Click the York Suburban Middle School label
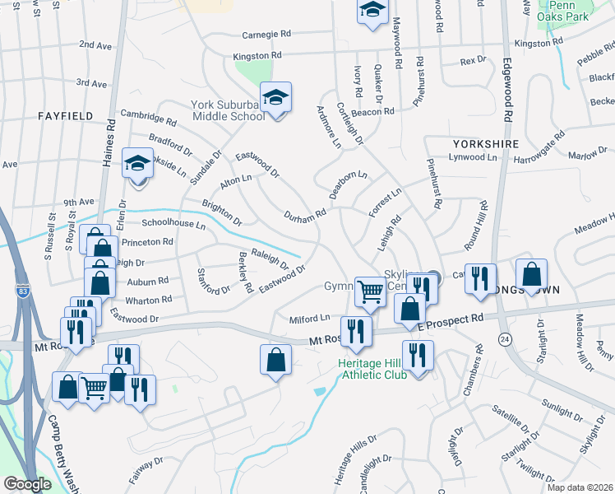228,110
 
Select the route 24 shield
503,338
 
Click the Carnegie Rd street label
267,35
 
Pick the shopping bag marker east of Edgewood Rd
532,276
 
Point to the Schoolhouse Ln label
173,223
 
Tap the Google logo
26,484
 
